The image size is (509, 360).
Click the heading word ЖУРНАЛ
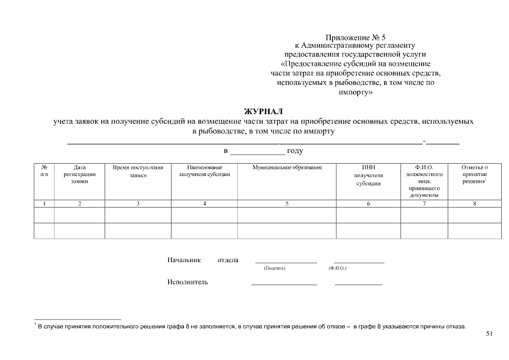coord(263,111)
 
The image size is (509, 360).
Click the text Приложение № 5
coord(355,37)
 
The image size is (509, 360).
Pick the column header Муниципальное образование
coord(287,168)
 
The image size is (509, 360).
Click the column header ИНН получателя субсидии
coord(368,175)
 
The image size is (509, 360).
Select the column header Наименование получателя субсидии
coord(204,171)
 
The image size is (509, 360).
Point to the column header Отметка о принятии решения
coord(474,174)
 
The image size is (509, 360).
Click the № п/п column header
coord(44,171)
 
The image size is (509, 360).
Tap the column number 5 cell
coord(287,204)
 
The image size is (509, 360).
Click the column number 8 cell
coord(474,204)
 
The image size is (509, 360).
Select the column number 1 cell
coord(44,204)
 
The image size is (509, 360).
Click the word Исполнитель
coord(187,282)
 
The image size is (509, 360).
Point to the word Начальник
coord(184,260)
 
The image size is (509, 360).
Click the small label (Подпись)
coord(274,268)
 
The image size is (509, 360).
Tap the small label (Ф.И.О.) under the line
coord(337,268)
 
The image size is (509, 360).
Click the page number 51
coord(489,334)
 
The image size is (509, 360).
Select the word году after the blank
coord(295,151)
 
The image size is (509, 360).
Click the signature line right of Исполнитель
coord(284,284)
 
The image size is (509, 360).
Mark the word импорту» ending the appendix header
coord(355,91)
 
